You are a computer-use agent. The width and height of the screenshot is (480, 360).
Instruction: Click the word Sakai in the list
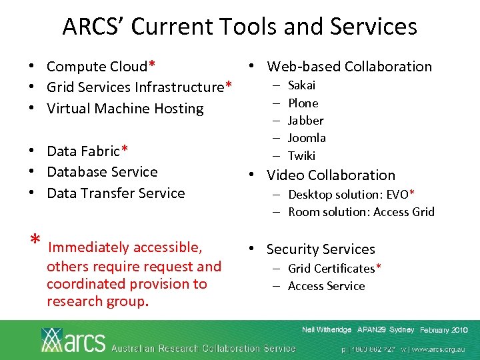coord(301,85)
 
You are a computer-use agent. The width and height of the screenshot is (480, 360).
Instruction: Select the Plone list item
coord(303,103)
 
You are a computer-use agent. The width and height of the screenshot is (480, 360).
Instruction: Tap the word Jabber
coord(305,121)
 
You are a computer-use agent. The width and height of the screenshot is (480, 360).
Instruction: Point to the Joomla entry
coord(307,138)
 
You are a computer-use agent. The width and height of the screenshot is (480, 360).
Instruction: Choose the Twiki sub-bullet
coord(301,156)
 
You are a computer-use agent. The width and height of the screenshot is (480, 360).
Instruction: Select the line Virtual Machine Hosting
coord(125,108)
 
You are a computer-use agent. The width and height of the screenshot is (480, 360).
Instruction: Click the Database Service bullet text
coord(102,172)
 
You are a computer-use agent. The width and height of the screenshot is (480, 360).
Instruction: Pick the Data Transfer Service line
coord(115,193)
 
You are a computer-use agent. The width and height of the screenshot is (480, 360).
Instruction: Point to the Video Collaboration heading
coord(331,175)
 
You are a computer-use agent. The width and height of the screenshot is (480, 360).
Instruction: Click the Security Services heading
coord(321,249)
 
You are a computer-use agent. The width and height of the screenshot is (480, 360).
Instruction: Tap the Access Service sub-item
coord(326,286)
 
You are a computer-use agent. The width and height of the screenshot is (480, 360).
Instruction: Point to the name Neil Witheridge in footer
coord(327,330)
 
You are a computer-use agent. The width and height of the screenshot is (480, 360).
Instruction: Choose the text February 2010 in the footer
coord(444,331)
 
